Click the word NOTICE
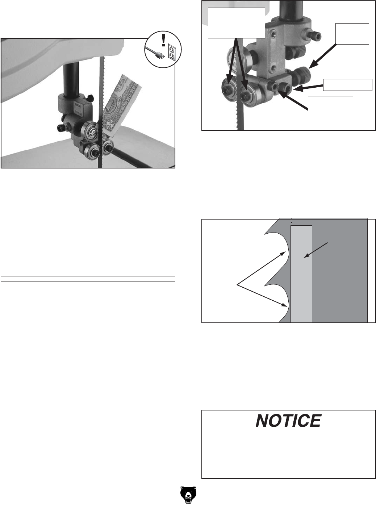(x=288, y=421)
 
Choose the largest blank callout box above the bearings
(x=237, y=23)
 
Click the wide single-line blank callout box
(x=347, y=84)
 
